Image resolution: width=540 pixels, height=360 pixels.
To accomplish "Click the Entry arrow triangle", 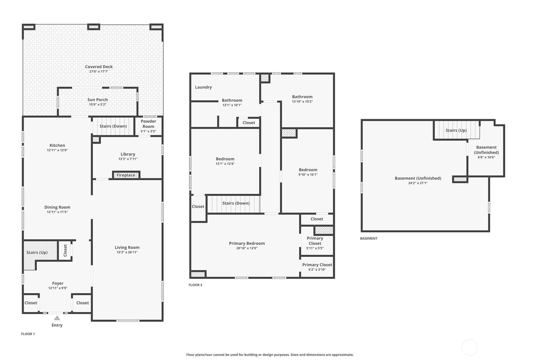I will (57, 318).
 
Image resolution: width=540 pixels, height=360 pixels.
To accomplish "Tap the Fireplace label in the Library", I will (126, 175).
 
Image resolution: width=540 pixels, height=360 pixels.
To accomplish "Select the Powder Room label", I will (148, 124).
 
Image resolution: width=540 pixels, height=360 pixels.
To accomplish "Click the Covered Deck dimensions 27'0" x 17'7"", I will (99, 72).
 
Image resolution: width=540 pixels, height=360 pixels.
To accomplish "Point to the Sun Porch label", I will (98, 100).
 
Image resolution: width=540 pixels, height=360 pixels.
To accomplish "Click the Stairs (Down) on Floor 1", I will (113, 126).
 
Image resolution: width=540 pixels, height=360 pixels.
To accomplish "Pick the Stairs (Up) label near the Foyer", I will (37, 253).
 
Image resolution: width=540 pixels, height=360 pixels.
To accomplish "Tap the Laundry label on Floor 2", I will (203, 87).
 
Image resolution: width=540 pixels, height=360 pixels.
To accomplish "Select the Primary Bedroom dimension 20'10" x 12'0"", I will (247, 248).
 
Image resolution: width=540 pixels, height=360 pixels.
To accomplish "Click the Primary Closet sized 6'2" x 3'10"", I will (317, 267).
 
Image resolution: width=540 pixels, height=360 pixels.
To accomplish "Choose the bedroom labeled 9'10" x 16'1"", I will (308, 172).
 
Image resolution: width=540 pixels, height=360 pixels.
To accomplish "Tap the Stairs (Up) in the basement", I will (456, 130).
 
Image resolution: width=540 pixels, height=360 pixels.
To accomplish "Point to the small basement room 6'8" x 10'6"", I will (486, 152).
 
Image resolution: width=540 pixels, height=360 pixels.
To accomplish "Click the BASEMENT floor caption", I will (369, 238).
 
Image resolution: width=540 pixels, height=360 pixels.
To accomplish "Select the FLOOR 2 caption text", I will (195, 285).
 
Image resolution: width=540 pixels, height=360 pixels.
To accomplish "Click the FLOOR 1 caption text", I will (28, 334).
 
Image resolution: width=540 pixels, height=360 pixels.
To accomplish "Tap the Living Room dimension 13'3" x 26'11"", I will (127, 252).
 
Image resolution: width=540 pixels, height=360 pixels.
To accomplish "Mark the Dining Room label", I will (57, 207).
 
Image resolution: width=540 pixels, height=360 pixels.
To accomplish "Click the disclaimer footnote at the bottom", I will (270, 355).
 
